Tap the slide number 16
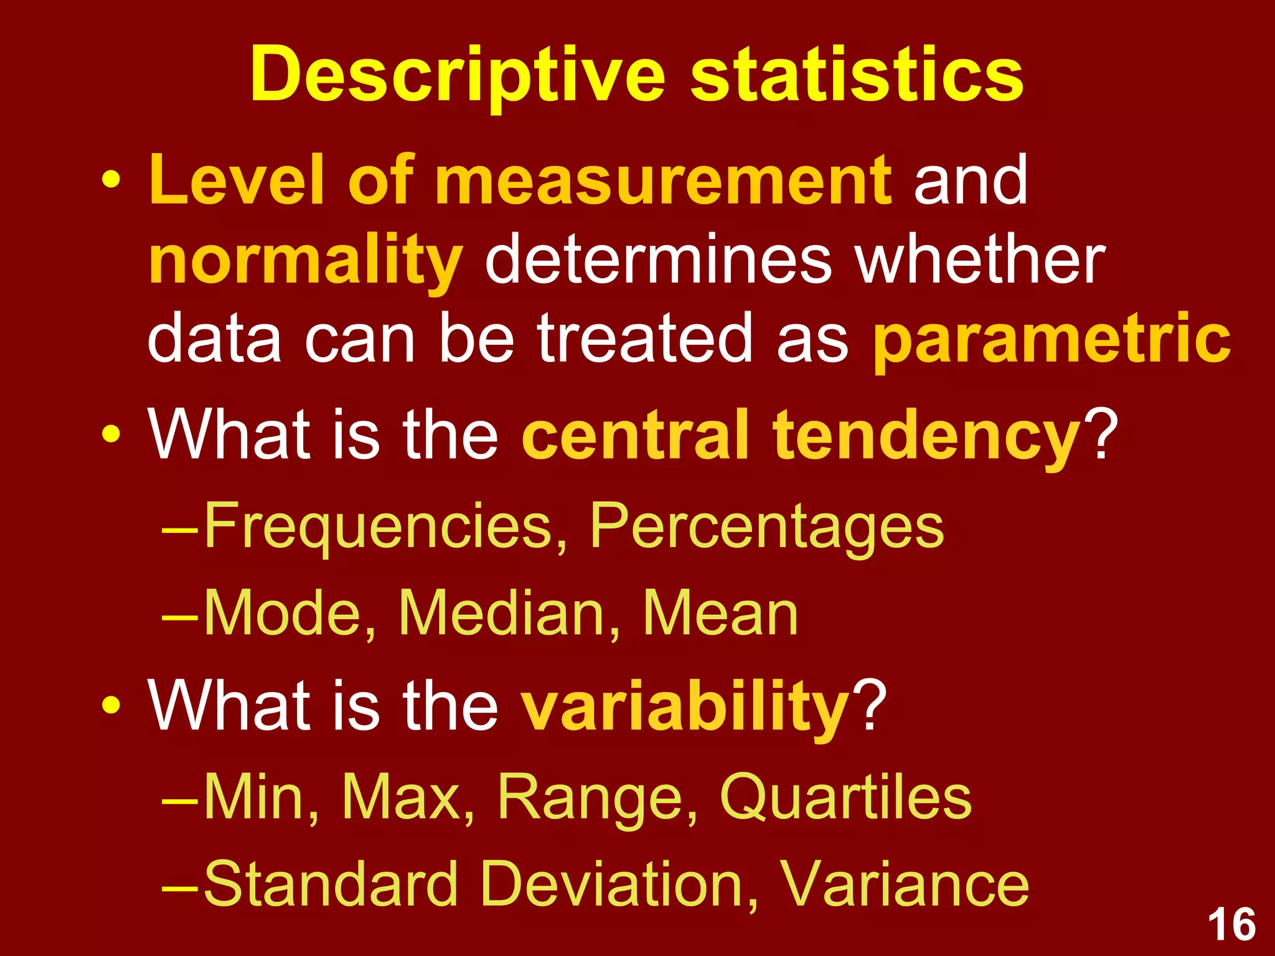(1231, 925)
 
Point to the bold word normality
(306, 261)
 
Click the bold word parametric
(1052, 339)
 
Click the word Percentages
(766, 527)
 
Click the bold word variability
(685, 707)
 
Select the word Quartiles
(845, 797)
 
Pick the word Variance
(904, 884)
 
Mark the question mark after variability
(870, 706)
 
